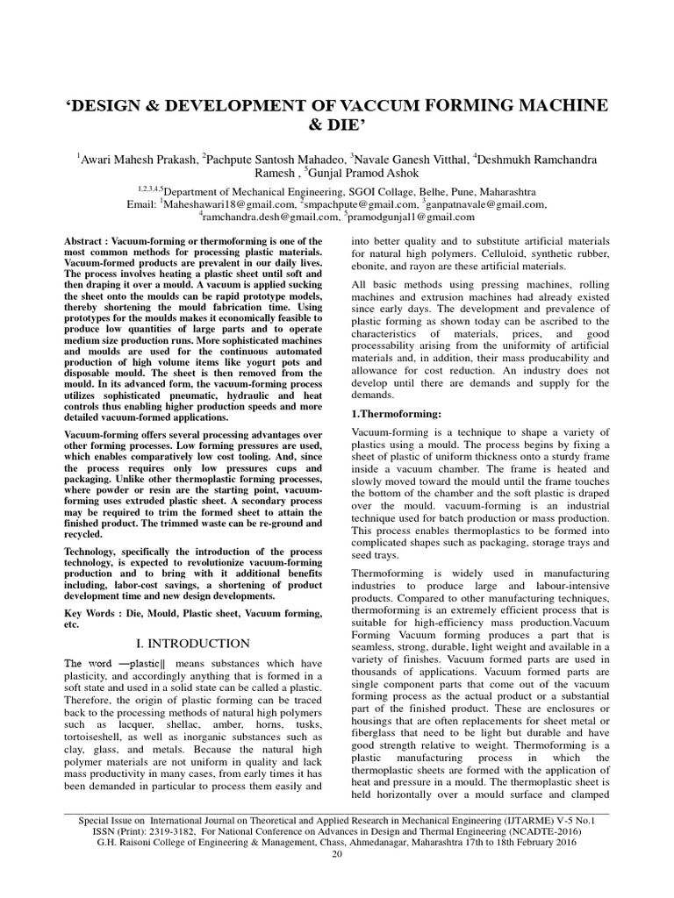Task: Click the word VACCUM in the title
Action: (400, 105)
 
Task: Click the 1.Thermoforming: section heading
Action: (395, 413)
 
